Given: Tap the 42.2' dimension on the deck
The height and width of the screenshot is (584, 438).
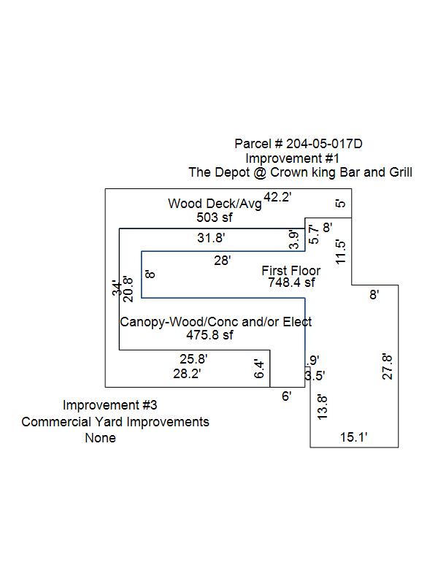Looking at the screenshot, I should (x=277, y=196).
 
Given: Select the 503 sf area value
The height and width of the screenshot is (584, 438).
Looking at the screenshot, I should (x=214, y=217).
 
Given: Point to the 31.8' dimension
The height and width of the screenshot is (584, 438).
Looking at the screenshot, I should (x=212, y=237).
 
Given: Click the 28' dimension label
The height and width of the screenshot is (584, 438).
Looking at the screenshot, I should (x=223, y=260).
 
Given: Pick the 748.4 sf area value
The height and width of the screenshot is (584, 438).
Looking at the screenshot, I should (x=291, y=283).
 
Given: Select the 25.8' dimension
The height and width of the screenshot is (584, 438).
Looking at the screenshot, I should (x=194, y=358).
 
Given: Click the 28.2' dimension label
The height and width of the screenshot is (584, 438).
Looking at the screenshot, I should (x=187, y=373).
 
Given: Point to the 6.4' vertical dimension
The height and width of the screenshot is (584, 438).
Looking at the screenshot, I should (x=258, y=369).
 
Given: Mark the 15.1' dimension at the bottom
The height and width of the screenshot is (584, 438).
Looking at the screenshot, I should (x=354, y=437).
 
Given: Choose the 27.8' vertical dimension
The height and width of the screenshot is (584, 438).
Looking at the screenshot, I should (x=388, y=366).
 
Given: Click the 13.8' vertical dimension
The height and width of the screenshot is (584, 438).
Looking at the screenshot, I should (x=323, y=406).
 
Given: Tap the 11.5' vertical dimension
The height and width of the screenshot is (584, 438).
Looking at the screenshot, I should (x=339, y=252).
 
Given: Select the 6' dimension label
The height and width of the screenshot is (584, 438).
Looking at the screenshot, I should (x=287, y=396).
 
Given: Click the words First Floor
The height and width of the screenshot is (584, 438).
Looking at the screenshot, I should (x=291, y=271).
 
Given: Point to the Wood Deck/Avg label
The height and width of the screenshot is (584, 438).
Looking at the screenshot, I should (x=215, y=204).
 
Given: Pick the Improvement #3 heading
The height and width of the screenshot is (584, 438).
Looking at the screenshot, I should (x=109, y=405).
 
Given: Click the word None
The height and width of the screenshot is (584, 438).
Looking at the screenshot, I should (x=100, y=438).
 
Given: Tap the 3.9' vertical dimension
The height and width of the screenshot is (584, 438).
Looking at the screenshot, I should (x=293, y=239).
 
